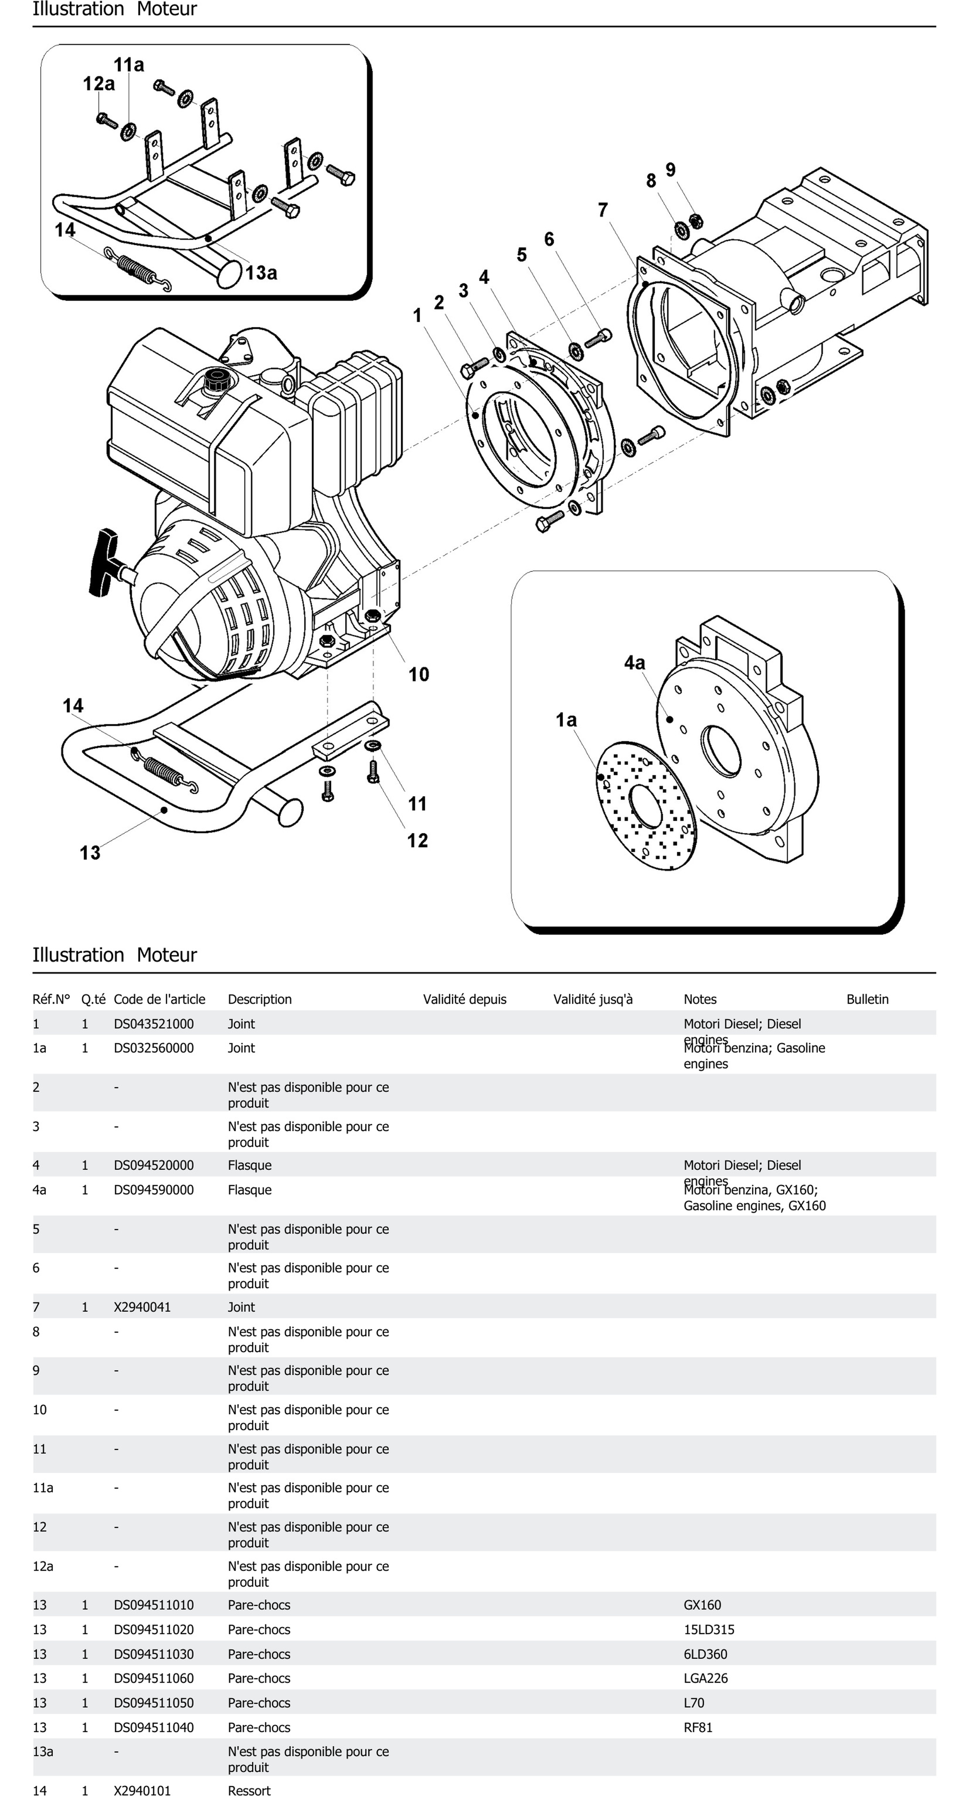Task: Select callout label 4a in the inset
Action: coord(634,663)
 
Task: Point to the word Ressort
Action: coord(249,1790)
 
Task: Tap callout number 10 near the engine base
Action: coord(418,674)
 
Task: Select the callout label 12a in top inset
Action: coord(98,84)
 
